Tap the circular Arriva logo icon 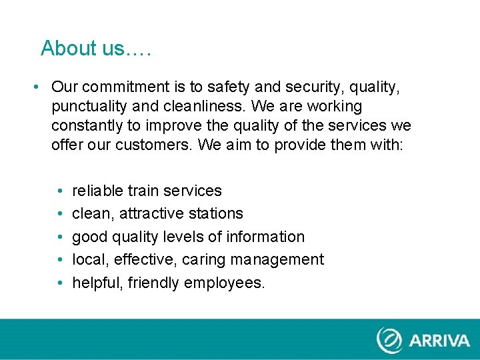point(389,339)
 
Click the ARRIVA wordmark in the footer point(439,341)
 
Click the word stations point(216,214)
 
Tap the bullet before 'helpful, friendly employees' point(61,283)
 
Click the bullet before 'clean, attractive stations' point(61,214)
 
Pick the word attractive point(151,214)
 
